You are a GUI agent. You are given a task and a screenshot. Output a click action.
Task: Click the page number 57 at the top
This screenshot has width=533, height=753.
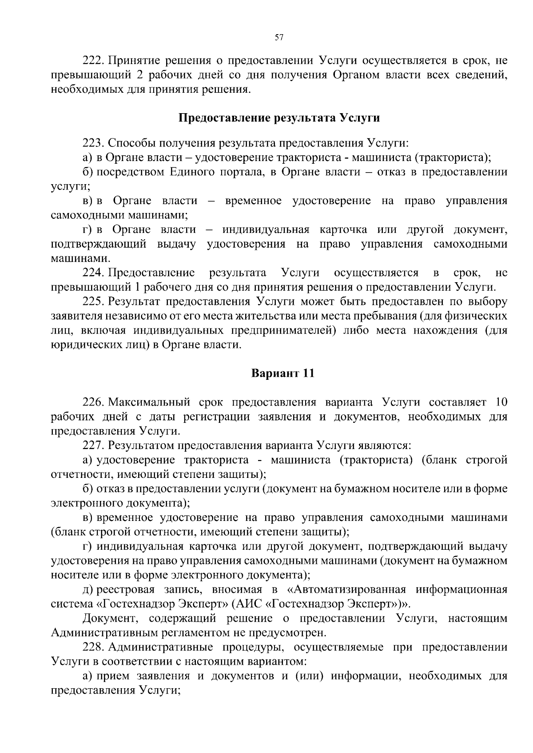point(279,38)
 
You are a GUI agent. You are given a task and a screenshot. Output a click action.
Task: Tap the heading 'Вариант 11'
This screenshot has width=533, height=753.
point(283,373)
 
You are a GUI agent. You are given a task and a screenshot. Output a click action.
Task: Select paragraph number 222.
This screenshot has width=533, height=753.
point(93,60)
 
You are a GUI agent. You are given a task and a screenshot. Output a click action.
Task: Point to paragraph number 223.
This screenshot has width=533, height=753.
point(93,143)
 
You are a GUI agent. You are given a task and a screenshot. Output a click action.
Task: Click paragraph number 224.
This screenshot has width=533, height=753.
point(93,272)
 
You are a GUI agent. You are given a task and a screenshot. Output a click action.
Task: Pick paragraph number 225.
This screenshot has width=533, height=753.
point(93,302)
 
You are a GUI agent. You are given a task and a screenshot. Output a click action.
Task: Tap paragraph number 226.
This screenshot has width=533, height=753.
point(93,402)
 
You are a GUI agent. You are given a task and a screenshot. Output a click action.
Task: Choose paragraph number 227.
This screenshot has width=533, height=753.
point(93,445)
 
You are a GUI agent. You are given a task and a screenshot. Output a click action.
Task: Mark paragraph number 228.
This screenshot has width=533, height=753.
point(93,647)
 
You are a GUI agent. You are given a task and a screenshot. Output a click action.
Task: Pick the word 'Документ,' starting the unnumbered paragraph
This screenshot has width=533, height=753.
point(111,619)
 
